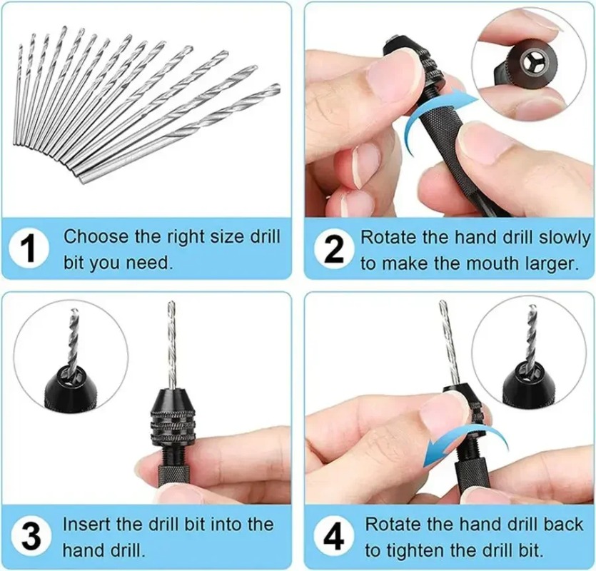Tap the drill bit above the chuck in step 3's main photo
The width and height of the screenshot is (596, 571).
point(170,343)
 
